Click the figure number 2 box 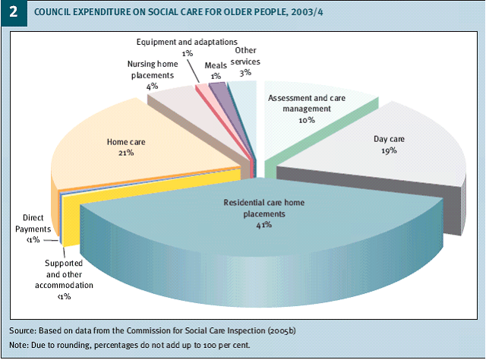[x=13, y=13]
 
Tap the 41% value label [x=254, y=226]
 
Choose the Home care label [x=125, y=141]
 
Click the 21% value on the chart [x=125, y=152]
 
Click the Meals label [x=216, y=66]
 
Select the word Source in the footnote [x=23, y=331]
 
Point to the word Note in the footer [x=19, y=347]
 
